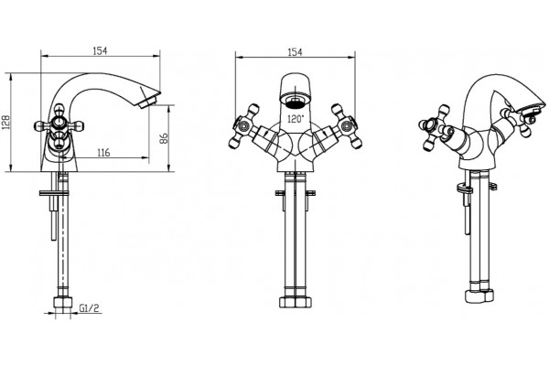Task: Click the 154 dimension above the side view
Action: point(100,51)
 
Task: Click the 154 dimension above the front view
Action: point(295,52)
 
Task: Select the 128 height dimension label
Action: point(6,123)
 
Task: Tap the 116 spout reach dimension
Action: point(103,153)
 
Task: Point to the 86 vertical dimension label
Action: point(164,138)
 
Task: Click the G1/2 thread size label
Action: point(90,308)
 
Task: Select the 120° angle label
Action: point(296,119)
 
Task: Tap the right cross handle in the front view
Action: point(346,125)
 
